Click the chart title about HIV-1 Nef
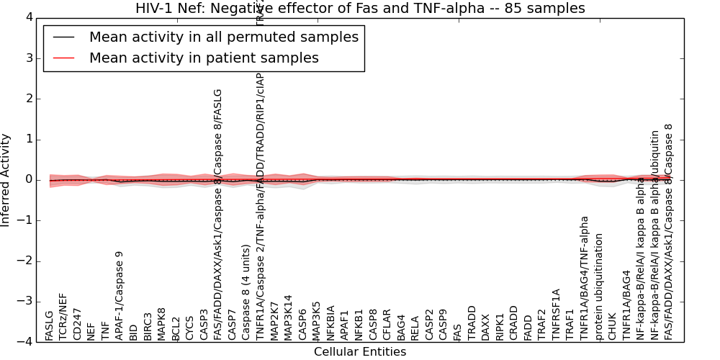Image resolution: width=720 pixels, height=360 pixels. pos(360,8)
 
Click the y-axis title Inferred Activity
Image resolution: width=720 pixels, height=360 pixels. pos(6,180)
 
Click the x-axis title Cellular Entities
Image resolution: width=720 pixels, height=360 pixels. pos(360,352)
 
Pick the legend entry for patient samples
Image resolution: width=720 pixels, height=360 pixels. pos(204,58)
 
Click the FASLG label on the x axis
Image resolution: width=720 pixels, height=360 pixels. pos(49,325)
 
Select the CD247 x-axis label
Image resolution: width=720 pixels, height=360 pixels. pos(77,326)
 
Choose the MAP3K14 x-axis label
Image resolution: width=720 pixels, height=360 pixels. pos(289,318)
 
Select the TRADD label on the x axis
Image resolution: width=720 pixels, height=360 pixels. pos(472,324)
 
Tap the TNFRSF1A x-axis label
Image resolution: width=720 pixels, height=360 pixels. pos(556,315)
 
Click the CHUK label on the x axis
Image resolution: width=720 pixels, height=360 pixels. pos(613,327)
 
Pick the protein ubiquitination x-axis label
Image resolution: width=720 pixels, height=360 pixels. pos(598,287)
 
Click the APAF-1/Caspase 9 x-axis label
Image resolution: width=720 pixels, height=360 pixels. pos(120,296)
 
